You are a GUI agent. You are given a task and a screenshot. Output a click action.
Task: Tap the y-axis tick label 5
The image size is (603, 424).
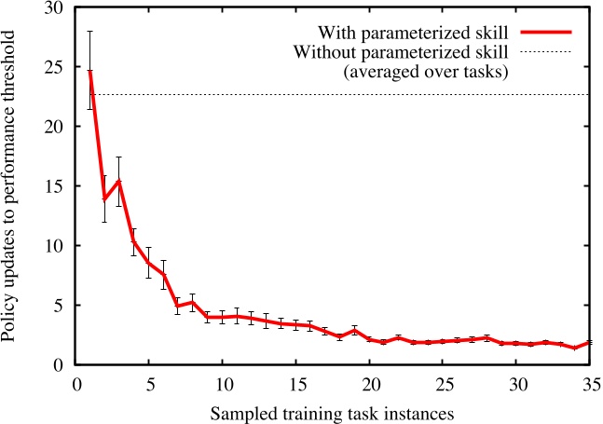61,306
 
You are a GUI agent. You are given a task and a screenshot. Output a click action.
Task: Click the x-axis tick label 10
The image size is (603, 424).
224,384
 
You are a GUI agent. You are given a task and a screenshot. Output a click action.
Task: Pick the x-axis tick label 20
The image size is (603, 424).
371,384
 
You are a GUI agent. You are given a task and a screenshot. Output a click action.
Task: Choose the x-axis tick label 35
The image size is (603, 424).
591,384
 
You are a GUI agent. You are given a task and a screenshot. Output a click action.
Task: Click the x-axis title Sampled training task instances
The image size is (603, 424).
334,410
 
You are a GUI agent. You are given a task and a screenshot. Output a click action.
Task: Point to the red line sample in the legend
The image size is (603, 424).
548,32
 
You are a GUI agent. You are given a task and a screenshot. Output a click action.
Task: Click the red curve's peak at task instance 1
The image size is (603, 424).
90,71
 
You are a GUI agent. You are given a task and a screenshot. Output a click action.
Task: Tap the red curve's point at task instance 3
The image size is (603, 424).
119,181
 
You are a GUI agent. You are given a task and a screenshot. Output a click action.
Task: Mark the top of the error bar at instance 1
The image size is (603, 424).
90,31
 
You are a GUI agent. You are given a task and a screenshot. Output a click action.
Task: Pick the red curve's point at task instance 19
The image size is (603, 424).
355,330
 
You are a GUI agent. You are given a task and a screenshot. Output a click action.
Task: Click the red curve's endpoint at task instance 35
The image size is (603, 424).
590,343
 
